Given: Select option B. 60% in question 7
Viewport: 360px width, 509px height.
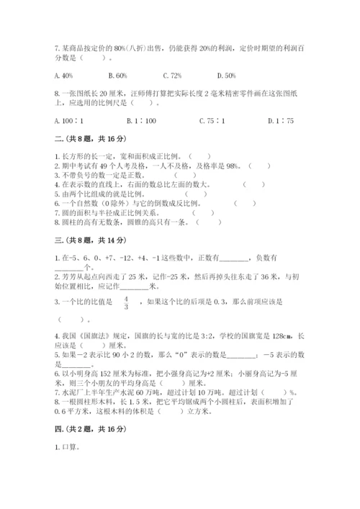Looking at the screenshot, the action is pyautogui.click(x=117, y=75).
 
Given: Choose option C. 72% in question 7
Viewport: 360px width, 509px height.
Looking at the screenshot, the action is pyautogui.click(x=173, y=75).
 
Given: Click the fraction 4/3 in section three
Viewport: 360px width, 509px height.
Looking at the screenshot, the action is pyautogui.click(x=126, y=302).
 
